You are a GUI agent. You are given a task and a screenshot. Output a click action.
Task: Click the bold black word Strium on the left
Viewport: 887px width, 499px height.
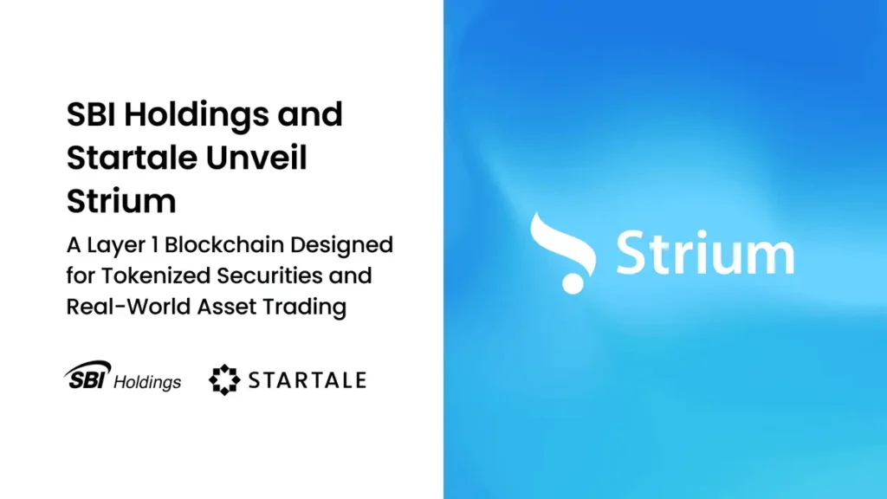click(x=121, y=201)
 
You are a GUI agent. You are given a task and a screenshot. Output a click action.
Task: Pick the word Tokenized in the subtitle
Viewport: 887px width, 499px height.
click(x=148, y=275)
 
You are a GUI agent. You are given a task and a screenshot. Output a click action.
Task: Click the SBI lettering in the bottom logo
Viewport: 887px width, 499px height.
click(x=89, y=378)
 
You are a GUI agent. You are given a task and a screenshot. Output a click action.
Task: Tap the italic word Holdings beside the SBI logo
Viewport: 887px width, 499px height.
click(x=149, y=381)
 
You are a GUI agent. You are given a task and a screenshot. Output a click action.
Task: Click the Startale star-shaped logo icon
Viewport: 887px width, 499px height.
click(x=225, y=379)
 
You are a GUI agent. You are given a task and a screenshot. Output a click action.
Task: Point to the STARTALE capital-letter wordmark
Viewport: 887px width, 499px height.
click(x=308, y=379)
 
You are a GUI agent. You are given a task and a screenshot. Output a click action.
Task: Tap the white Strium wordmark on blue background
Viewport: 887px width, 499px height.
click(x=704, y=252)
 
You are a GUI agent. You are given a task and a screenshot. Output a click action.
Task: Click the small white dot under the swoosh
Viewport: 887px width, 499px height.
click(x=572, y=283)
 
